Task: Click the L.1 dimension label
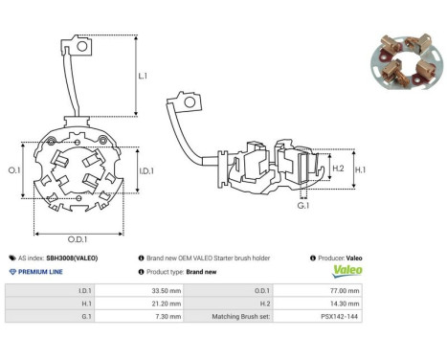143,76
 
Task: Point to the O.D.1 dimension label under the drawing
78,239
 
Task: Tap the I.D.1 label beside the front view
146,171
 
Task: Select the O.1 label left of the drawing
14,170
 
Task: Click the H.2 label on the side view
338,169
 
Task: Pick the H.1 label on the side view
361,169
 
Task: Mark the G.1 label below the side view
303,206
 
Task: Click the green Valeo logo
347,271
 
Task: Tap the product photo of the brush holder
407,61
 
